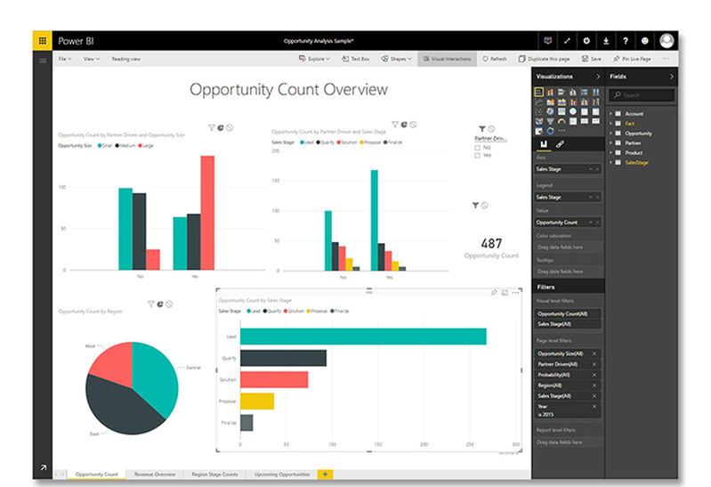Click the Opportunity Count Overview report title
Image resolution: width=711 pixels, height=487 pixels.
tap(288, 89)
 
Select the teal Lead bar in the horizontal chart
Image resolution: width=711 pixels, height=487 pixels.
tap(363, 336)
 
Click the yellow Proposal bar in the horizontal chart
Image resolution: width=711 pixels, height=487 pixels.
tap(257, 401)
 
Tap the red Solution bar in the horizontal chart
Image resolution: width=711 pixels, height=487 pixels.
tap(274, 379)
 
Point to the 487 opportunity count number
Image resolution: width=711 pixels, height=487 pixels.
tap(490, 243)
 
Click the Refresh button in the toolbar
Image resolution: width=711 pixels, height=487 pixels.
tap(494, 59)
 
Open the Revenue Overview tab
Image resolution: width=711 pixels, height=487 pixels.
tap(155, 475)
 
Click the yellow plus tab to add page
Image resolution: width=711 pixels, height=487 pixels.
tap(325, 475)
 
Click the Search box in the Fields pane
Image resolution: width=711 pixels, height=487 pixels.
tap(642, 94)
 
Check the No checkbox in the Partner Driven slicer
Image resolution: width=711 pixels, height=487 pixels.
tap(478, 147)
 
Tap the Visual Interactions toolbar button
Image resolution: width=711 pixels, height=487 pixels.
tap(447, 59)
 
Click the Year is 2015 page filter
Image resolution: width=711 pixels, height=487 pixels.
tap(567, 410)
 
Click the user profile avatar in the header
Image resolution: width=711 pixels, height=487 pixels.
tap(666, 41)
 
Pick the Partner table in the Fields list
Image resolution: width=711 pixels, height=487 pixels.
tap(633, 142)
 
